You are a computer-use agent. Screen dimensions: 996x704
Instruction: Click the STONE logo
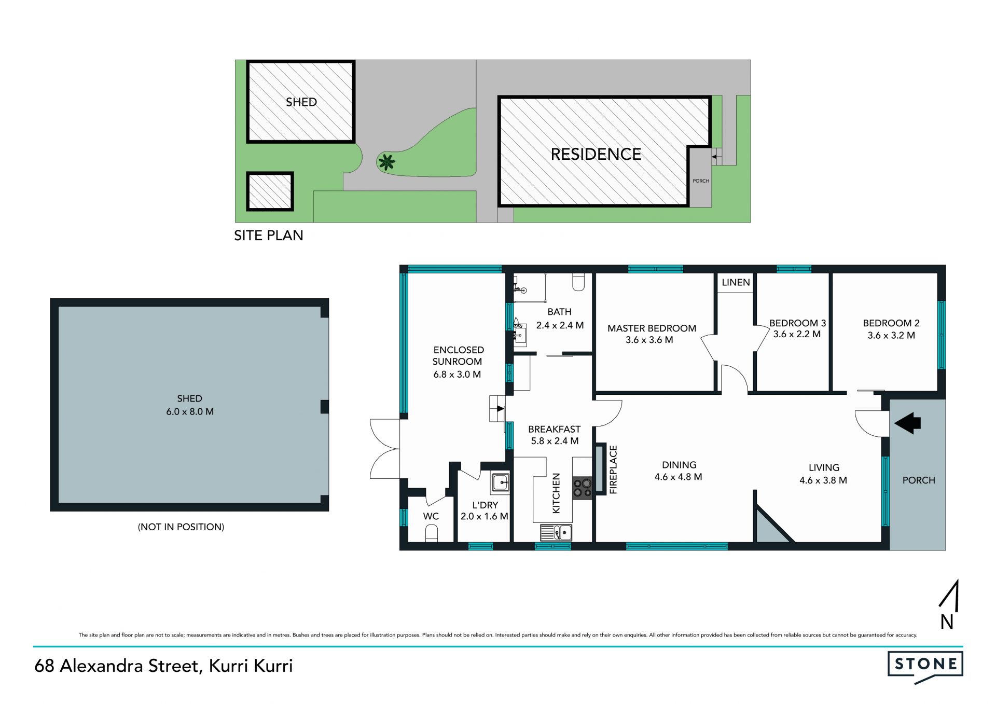(x=925, y=667)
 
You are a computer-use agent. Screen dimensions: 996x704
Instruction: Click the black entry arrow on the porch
(x=907, y=423)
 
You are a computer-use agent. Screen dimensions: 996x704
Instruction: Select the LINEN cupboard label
(x=736, y=282)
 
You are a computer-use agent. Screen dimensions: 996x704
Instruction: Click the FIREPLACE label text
(x=613, y=470)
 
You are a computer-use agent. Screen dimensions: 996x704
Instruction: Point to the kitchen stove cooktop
(x=582, y=488)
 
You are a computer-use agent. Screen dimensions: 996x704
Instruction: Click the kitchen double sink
(x=556, y=533)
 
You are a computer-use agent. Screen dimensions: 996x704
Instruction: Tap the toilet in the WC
(x=431, y=533)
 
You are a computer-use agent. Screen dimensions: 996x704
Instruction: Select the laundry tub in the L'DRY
(x=501, y=482)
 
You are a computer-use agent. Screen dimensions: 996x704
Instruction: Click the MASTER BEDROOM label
(x=652, y=328)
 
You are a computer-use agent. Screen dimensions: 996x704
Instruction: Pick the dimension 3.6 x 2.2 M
(x=797, y=335)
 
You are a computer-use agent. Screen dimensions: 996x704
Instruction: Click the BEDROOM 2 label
(x=891, y=323)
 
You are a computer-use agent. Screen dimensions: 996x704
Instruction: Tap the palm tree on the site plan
(x=386, y=162)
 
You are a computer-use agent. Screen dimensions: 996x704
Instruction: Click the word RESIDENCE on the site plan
(x=596, y=154)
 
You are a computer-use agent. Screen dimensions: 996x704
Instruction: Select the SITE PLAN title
(x=269, y=236)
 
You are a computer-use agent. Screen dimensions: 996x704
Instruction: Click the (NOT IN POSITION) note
(x=181, y=527)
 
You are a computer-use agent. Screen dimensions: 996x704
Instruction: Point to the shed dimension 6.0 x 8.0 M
(x=190, y=412)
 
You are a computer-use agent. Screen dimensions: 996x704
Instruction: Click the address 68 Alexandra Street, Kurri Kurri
(x=163, y=666)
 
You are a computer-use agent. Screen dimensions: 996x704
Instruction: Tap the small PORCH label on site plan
(x=701, y=181)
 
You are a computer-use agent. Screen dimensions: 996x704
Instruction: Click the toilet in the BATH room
(x=578, y=282)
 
